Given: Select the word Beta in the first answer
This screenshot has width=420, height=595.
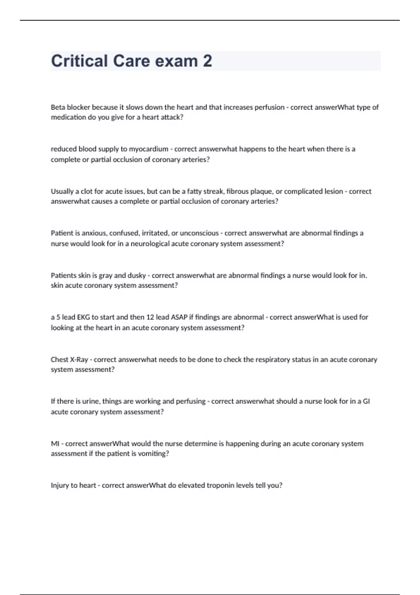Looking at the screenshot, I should tap(58, 107).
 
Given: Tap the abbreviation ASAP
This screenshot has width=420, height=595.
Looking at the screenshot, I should tap(179, 317).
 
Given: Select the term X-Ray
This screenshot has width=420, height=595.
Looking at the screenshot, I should tap(79, 359).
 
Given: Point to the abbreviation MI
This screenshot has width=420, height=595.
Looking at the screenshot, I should tap(55, 443).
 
